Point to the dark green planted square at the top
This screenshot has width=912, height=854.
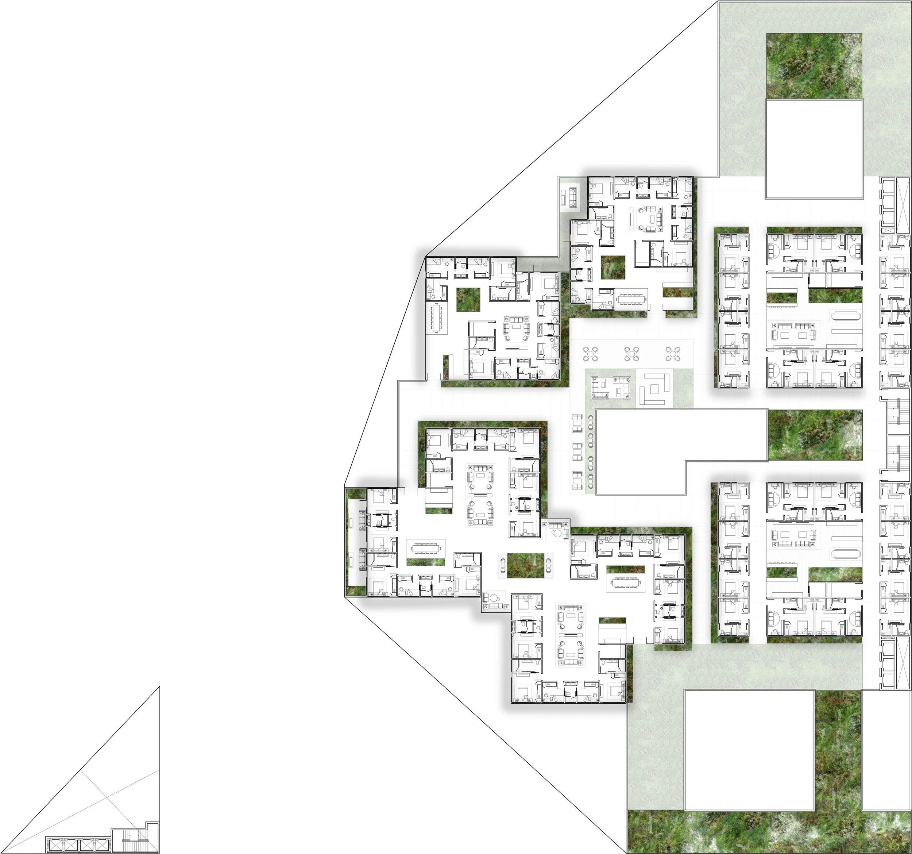(814, 66)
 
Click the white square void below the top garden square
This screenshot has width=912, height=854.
(814, 149)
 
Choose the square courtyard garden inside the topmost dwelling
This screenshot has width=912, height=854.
(613, 268)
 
